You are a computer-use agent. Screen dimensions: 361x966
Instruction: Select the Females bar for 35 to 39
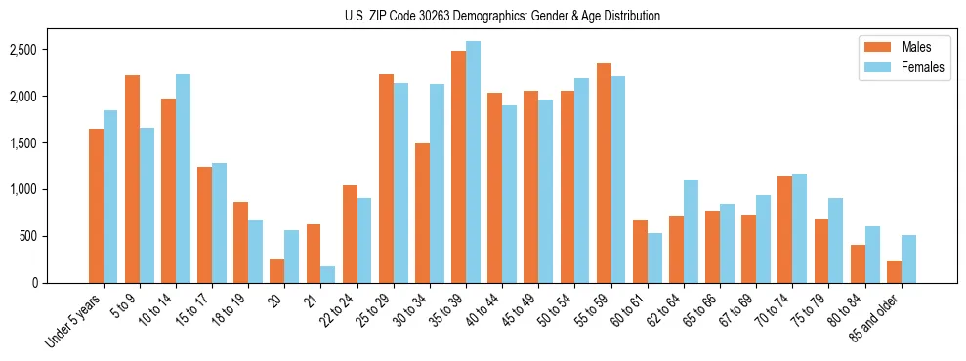[473, 162]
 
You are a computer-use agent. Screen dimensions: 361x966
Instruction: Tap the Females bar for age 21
[327, 274]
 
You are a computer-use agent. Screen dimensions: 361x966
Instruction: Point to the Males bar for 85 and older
[894, 271]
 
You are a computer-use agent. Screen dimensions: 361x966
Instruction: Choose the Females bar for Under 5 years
[110, 196]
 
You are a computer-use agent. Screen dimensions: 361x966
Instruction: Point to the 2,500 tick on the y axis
[52, 50]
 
